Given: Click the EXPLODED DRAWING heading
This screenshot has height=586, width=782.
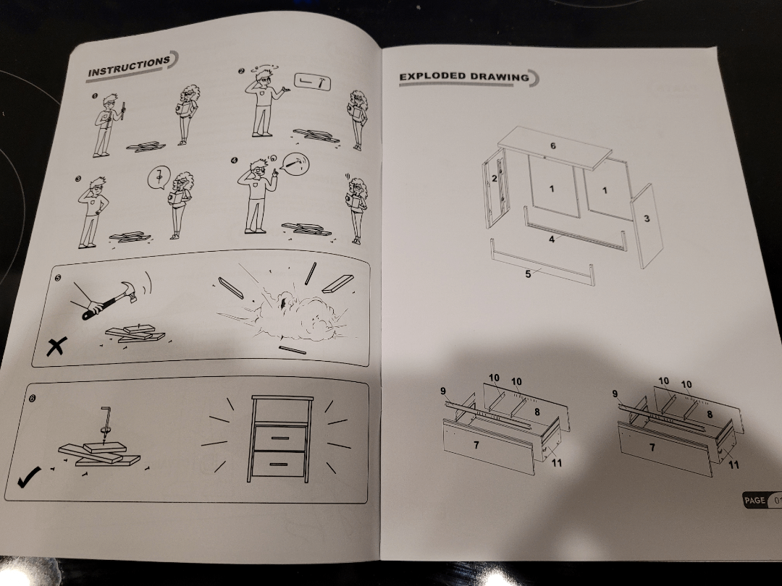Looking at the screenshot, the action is point(464,76).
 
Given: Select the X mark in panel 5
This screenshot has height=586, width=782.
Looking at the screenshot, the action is point(56,346).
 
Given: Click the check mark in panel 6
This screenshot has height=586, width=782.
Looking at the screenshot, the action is point(29,476).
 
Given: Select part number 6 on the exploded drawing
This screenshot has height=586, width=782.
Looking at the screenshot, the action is point(552,145).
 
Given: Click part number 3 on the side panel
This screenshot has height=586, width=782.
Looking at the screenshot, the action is point(647,218).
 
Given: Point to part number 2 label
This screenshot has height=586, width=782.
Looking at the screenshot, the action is point(495,178).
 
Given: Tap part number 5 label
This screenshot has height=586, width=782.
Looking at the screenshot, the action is point(528,274).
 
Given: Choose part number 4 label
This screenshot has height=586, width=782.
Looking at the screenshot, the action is point(552,239).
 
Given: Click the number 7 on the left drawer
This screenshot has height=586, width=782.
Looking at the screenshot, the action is point(476,444).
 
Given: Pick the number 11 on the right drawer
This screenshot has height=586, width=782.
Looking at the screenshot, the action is point(733,465).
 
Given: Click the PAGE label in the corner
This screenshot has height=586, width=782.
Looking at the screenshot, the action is point(754,500).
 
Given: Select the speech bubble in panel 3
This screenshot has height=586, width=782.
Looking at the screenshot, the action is point(159,177).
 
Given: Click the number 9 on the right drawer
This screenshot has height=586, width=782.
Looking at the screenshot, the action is point(615,394).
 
